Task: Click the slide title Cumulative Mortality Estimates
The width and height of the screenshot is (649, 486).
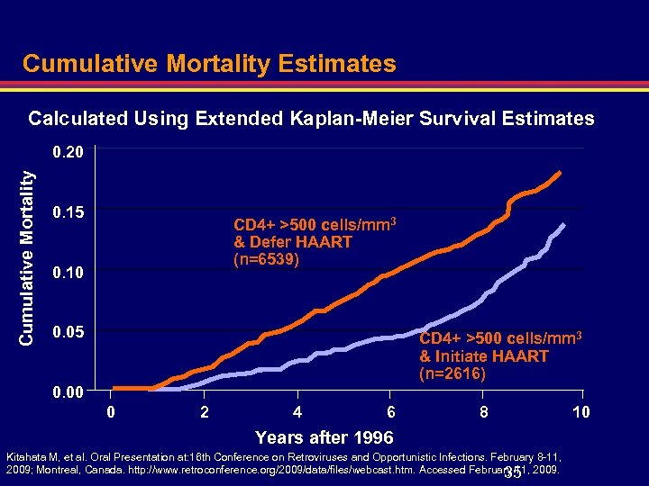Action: (x=209, y=63)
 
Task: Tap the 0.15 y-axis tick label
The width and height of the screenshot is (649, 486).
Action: (x=68, y=213)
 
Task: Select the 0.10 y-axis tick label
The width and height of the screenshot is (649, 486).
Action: (x=68, y=273)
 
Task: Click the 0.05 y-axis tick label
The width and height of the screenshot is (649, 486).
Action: (x=68, y=333)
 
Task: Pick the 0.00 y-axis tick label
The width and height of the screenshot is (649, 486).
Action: (x=68, y=392)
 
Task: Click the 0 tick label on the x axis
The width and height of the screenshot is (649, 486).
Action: (x=111, y=412)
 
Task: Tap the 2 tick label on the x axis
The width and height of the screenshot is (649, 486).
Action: (x=205, y=412)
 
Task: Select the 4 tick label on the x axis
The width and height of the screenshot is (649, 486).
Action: (x=297, y=412)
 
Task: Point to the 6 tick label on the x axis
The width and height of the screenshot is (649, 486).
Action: (x=390, y=412)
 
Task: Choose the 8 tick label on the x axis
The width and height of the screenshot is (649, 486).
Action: (x=484, y=412)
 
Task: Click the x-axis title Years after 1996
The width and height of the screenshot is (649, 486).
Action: (x=324, y=437)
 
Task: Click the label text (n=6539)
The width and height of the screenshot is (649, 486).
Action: (x=266, y=260)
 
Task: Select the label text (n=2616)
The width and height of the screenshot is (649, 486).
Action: (x=452, y=373)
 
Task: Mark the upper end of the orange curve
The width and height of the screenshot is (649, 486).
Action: (x=560, y=172)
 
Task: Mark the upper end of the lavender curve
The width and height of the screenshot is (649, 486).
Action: (x=564, y=224)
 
